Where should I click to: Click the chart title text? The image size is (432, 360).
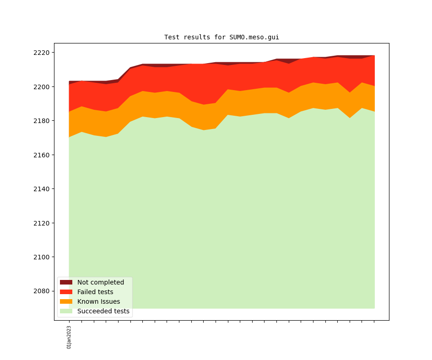pyautogui.click(x=221, y=37)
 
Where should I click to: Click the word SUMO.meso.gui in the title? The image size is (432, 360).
pyautogui.click(x=254, y=37)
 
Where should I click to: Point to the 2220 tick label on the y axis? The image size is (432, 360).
pyautogui.click(x=41, y=53)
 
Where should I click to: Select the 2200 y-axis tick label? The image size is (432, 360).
pyautogui.click(x=41, y=87)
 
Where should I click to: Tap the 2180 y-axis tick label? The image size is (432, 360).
pyautogui.click(x=41, y=121)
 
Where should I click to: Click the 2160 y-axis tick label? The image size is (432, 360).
pyautogui.click(x=41, y=155)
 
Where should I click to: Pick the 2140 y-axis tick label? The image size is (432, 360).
pyautogui.click(x=41, y=189)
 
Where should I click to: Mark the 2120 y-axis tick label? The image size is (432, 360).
pyautogui.click(x=41, y=223)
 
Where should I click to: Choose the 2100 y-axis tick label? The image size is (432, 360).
pyautogui.click(x=41, y=257)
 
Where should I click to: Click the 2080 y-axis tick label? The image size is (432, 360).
pyautogui.click(x=41, y=291)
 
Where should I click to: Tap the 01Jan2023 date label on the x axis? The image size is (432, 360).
pyautogui.click(x=69, y=337)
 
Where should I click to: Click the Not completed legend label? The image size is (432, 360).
pyautogui.click(x=101, y=282)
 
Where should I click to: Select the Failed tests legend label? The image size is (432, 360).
pyautogui.click(x=95, y=292)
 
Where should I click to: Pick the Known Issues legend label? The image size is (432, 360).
pyautogui.click(x=98, y=301)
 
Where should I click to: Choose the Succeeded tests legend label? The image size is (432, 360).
pyautogui.click(x=103, y=311)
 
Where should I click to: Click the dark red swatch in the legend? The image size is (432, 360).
pyautogui.click(x=66, y=282)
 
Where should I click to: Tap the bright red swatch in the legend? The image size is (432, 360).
pyautogui.click(x=66, y=292)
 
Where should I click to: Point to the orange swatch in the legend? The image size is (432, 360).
pyautogui.click(x=66, y=301)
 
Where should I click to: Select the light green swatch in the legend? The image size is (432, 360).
pyautogui.click(x=66, y=311)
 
